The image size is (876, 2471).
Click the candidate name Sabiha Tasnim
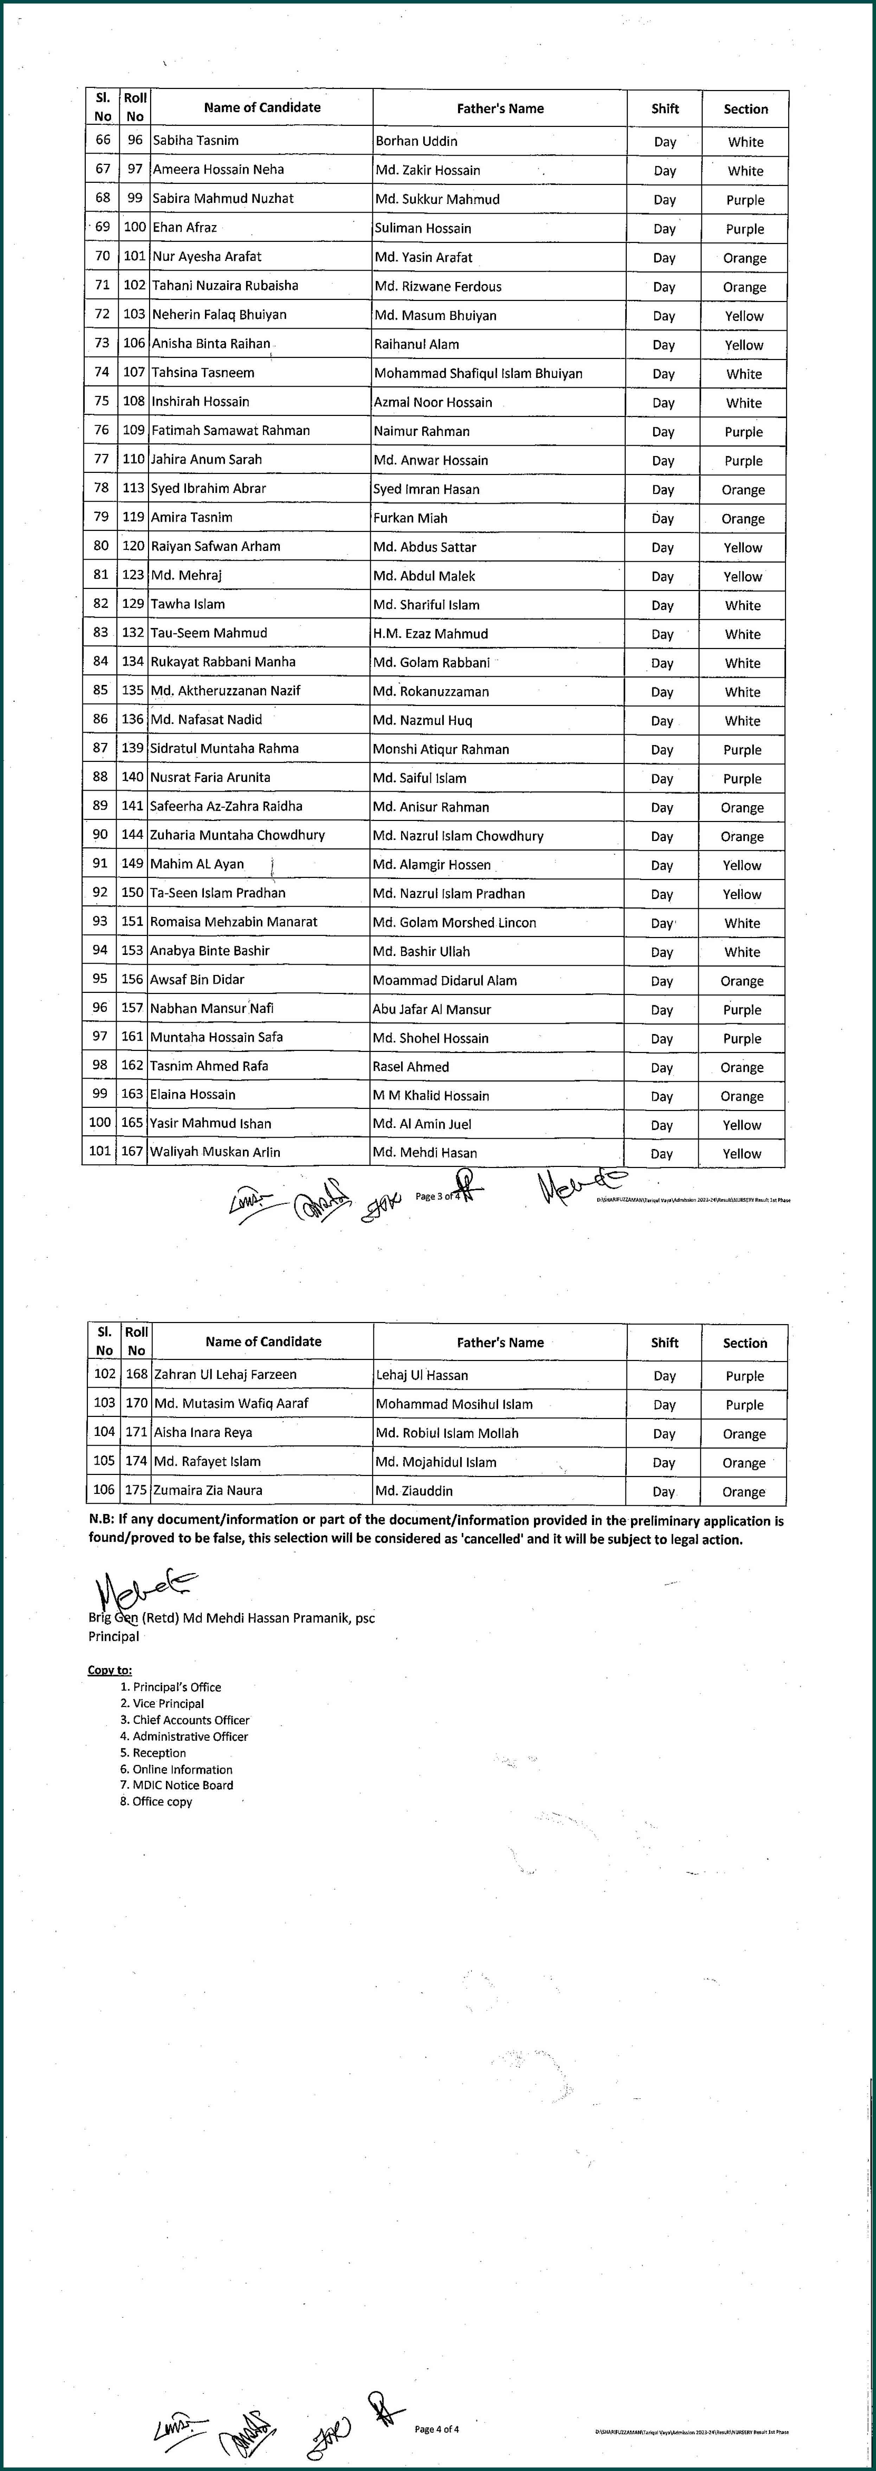[196, 140]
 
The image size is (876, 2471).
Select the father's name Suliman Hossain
[423, 228]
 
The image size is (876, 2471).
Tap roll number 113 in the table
[134, 488]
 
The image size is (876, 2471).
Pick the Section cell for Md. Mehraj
[743, 577]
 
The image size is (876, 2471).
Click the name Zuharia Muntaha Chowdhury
[237, 835]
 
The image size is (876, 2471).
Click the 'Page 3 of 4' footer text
[437, 1196]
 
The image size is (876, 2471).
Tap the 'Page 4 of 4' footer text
[437, 2430]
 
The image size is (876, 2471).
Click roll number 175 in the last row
[136, 1490]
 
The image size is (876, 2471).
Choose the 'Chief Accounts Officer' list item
[190, 1720]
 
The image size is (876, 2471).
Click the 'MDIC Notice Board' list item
[182, 1785]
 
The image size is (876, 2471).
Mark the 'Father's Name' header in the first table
[500, 108]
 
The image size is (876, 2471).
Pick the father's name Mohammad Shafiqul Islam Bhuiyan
[478, 373]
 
